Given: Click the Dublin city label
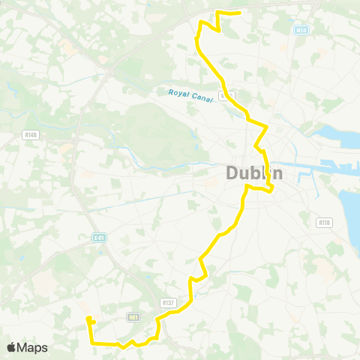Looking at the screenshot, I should tap(254, 173).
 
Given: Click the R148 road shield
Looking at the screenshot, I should tap(30, 136).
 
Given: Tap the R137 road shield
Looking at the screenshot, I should tap(168, 302).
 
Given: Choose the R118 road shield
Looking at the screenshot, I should tap(324, 223).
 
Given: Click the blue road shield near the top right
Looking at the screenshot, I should tap(301, 30).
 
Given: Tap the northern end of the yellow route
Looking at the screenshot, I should tap(238, 13).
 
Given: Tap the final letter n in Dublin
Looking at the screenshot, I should tap(277, 173).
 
